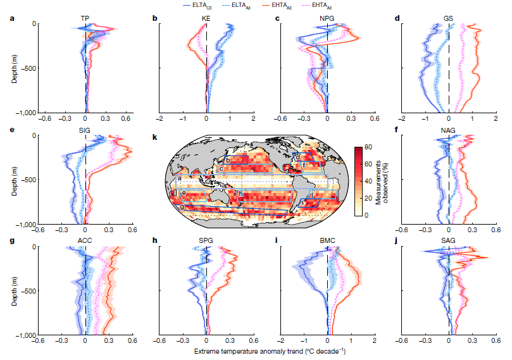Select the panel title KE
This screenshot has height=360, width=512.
coord(206,18)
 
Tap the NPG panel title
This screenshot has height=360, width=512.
coord(327,18)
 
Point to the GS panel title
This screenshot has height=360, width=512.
coord(448,18)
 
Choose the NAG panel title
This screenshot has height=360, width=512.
coord(448,130)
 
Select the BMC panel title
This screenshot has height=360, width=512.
coord(327,242)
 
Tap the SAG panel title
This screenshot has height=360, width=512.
coord(448,242)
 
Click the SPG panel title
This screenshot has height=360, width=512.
coord(206,242)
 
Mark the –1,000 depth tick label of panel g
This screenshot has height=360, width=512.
coord(23,335)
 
